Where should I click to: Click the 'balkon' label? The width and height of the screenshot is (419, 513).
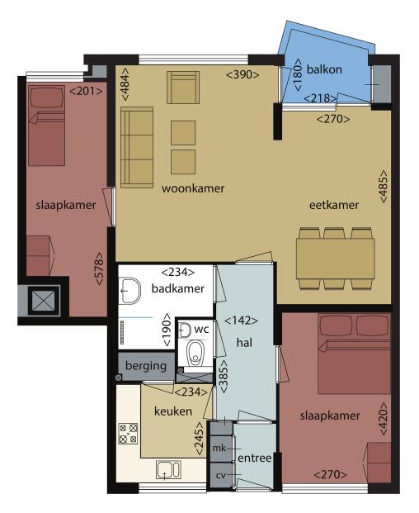[x=324, y=69]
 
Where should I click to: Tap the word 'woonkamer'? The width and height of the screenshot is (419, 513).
[x=193, y=188]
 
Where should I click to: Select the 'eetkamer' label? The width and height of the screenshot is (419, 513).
[x=334, y=205]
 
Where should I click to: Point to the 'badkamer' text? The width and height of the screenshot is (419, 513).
[x=177, y=288]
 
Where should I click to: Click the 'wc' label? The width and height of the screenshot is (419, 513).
[x=201, y=329]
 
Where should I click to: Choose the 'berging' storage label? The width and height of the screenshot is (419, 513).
[x=146, y=366]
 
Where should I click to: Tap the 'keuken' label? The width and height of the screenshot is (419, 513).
[x=173, y=411]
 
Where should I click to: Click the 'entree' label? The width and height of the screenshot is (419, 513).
[x=254, y=458]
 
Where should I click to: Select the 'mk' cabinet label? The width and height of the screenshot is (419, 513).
[x=219, y=448]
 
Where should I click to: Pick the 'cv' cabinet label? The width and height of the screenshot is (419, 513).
[x=221, y=475]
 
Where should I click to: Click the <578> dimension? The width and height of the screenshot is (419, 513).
[x=99, y=268]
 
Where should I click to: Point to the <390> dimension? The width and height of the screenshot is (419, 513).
[x=242, y=74]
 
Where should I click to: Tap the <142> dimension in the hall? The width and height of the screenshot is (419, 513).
[x=241, y=321]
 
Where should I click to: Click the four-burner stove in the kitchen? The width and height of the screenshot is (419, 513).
[x=128, y=434]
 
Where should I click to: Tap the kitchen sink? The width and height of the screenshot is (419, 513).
[x=168, y=470]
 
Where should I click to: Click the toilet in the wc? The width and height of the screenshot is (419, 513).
[x=195, y=354]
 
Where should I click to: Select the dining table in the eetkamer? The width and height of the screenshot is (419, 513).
[x=336, y=259]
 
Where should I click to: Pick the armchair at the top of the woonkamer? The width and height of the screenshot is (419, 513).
[x=183, y=88]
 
